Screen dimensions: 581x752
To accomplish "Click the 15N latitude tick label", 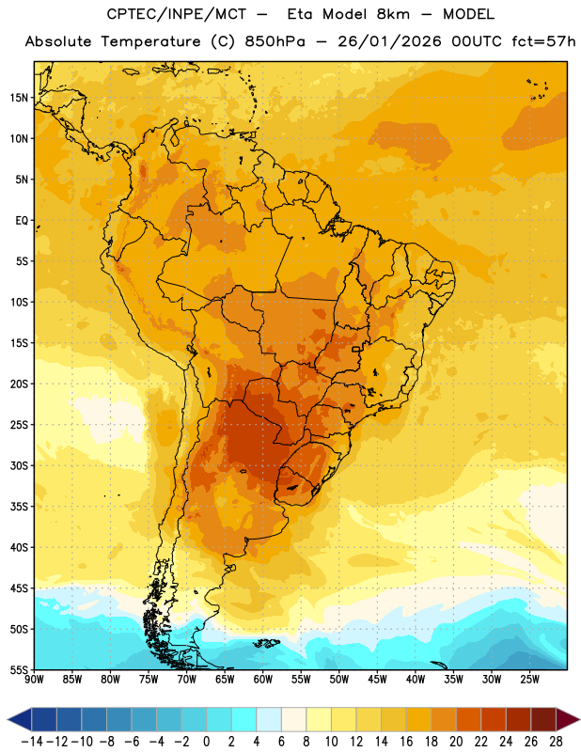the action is (x=19, y=98).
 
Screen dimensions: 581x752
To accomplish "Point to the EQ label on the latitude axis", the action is (x=22, y=221).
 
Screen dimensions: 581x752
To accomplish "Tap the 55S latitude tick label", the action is (x=19, y=669).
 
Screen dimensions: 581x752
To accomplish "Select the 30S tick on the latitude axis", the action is (x=19, y=465).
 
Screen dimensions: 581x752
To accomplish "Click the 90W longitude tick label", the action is (x=34, y=679).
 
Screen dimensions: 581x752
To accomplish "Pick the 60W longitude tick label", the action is (x=263, y=679).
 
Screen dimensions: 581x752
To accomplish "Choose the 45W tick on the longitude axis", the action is (x=377, y=679).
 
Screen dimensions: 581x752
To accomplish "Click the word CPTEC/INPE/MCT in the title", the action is (x=177, y=14).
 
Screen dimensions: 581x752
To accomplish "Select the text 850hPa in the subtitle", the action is (x=275, y=41).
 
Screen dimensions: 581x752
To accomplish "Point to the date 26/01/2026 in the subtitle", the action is (x=389, y=41).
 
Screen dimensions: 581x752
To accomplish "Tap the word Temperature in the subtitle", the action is (x=150, y=41).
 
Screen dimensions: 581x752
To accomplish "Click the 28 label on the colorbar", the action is (x=556, y=742).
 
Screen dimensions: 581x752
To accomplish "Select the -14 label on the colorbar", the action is (x=32, y=742).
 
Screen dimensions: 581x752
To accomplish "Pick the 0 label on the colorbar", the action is (x=206, y=742).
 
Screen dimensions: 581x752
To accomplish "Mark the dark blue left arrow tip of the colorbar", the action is (x=8, y=719).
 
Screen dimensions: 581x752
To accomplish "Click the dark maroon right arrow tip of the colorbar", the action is (x=578, y=719).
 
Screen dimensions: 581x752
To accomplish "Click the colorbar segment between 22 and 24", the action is (x=494, y=719).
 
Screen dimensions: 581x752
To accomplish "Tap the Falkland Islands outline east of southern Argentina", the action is (x=266, y=643).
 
